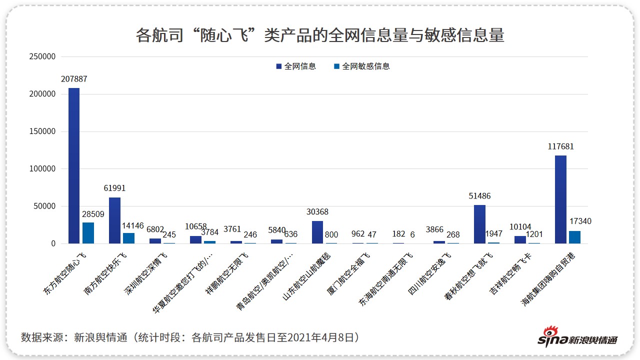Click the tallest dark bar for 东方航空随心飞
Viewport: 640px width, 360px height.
[74, 165]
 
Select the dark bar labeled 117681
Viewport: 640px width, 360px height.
[560, 199]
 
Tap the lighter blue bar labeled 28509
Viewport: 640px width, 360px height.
[88, 233]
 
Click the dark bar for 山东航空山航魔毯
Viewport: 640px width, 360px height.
[317, 232]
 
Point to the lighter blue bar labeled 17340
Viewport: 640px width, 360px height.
[574, 237]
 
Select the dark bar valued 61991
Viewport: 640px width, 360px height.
[114, 220]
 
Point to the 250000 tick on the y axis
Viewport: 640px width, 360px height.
[42, 57]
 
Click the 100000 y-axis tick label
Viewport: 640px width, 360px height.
[42, 169]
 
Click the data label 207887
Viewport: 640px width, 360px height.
[74, 79]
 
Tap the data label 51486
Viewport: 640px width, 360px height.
[479, 196]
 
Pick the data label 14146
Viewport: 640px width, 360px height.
[132, 225]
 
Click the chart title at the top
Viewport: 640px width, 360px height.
[320, 35]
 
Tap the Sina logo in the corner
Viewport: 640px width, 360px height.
[577, 337]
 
